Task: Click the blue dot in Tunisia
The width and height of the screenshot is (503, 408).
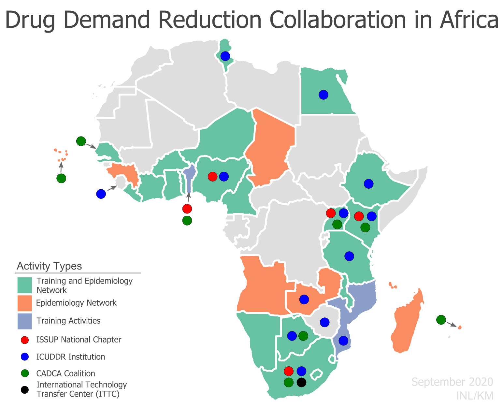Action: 225,56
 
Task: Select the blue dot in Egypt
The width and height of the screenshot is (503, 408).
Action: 323,95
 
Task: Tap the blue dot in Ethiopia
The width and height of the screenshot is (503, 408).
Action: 368,184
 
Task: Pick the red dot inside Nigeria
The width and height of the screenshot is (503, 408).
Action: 212,177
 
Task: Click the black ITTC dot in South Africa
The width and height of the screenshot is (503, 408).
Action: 302,383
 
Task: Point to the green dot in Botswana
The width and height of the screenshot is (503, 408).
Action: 303,336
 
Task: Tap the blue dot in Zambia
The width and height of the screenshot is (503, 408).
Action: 304,299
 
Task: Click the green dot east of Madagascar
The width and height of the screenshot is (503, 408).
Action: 441,320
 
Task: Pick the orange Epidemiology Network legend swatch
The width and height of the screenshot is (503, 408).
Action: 24,303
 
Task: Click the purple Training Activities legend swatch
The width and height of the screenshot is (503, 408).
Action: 24,321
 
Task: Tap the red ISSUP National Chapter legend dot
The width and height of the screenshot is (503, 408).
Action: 24,340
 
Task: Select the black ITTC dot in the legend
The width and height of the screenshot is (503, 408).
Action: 24,390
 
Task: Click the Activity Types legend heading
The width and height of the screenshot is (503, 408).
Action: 49,266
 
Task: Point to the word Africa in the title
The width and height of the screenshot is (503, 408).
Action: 469,20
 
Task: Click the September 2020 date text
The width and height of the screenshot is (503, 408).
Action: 452,382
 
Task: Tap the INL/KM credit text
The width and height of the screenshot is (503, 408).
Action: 475,396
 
